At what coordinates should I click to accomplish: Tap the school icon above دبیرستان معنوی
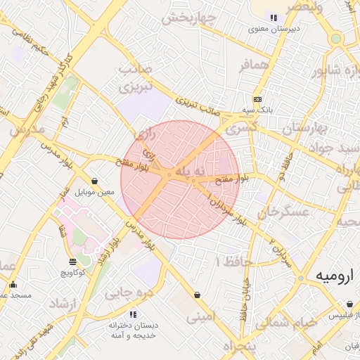[274, 18]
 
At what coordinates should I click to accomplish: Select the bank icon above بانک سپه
[258, 99]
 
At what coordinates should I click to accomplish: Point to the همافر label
[255, 65]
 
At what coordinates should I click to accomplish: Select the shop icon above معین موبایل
[94, 181]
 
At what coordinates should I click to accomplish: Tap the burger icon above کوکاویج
[72, 262]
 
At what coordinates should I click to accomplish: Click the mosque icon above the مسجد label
[13, 285]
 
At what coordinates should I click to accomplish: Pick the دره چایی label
[129, 292]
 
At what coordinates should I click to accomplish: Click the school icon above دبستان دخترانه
[132, 314]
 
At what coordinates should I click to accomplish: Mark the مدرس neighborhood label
[27, 131]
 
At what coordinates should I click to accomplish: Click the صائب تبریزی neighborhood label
[136, 79]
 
